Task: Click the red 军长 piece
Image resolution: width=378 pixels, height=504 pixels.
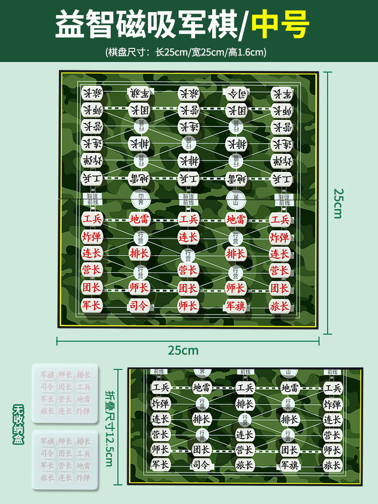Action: click(x=92, y=305)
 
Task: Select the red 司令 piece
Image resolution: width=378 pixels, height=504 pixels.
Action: click(x=139, y=305)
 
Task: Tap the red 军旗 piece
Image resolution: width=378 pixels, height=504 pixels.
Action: click(x=235, y=305)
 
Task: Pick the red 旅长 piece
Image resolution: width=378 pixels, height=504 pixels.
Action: click(x=280, y=305)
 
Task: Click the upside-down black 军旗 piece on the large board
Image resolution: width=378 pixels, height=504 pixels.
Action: click(x=139, y=93)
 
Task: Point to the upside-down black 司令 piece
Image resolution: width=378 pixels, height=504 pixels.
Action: click(x=235, y=93)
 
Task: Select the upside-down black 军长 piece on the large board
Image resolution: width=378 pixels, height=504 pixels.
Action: click(x=282, y=94)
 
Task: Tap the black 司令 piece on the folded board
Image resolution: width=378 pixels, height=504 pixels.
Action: click(x=202, y=465)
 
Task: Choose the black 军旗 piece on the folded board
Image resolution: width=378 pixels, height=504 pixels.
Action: click(x=291, y=465)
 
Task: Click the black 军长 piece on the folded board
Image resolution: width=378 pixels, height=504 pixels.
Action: click(x=161, y=465)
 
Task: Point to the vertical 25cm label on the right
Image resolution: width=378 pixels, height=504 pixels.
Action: click(x=338, y=203)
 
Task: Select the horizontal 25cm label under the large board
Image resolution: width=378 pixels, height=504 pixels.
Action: click(x=183, y=350)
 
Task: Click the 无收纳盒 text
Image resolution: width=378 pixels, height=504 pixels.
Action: click(x=18, y=423)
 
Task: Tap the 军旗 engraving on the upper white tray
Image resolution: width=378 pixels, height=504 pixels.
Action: click(x=47, y=375)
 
